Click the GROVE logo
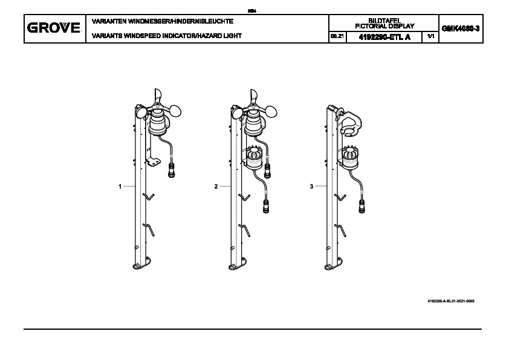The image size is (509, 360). point(54,28)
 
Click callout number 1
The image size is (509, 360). point(120,187)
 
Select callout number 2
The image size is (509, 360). point(216,187)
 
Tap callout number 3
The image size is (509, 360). point(311,187)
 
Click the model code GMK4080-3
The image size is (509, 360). point(461,28)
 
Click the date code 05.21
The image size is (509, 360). point(336,37)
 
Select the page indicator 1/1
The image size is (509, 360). point(430,36)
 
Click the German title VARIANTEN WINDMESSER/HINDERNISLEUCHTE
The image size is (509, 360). point(162,22)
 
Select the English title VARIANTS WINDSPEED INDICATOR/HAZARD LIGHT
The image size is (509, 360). point(166,36)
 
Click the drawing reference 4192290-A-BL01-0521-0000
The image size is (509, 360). point(450,301)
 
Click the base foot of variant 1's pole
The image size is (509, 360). point(143,263)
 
